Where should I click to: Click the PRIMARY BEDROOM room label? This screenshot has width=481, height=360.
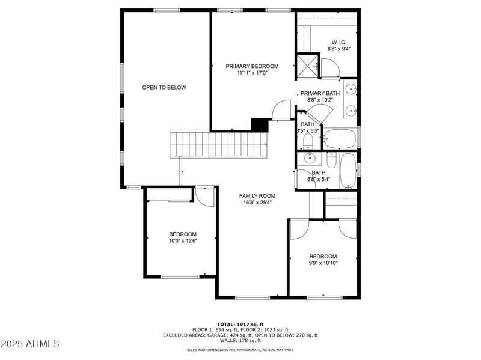[252, 66]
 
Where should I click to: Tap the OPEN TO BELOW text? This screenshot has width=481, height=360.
[164, 88]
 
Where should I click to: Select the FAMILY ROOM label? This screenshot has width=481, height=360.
[257, 196]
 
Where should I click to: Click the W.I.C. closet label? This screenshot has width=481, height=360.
[339, 43]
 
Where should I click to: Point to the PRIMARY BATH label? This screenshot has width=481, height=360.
[320, 93]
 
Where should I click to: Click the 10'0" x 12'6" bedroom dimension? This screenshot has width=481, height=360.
[182, 241]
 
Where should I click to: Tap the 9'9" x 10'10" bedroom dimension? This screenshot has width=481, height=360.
[323, 263]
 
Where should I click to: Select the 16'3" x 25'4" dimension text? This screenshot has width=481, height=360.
[257, 203]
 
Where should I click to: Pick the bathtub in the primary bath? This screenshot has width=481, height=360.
[340, 139]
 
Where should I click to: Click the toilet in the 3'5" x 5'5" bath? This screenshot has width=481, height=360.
[307, 142]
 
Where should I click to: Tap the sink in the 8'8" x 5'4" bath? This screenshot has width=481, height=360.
[310, 159]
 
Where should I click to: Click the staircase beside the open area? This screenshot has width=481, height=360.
[219, 144]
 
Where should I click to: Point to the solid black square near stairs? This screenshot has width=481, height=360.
[259, 124]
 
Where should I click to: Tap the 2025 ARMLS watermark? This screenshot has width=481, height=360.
[30, 344]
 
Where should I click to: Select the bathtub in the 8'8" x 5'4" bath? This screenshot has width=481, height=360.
[348, 171]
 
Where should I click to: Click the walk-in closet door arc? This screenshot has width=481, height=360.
[329, 69]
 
